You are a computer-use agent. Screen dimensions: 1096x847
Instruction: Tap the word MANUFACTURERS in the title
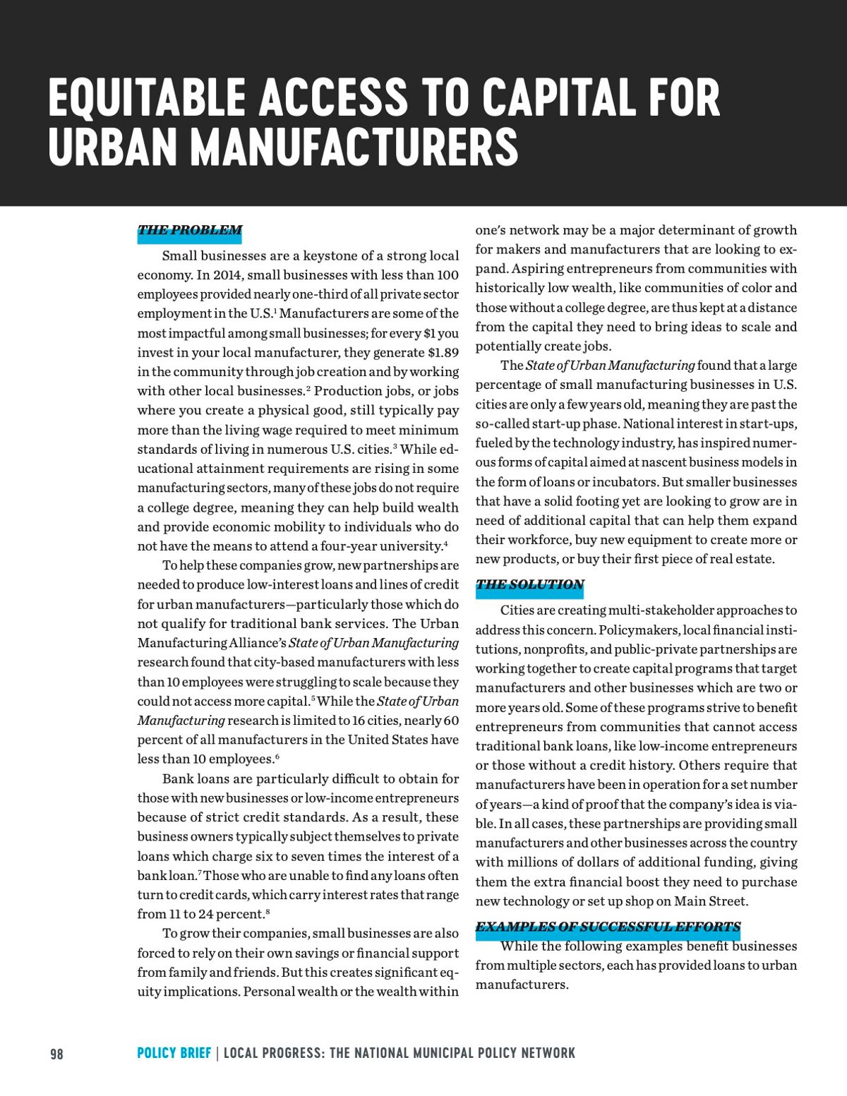354,147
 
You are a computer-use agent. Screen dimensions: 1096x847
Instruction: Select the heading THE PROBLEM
189,230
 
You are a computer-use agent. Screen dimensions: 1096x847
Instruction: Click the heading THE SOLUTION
529,584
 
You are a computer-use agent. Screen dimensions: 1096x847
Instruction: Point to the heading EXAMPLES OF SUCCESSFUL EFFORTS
608,927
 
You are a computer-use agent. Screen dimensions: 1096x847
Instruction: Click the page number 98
56,1054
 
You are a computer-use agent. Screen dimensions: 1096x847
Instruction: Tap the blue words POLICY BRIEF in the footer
174,1053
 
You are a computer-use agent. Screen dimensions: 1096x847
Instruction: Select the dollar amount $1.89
443,352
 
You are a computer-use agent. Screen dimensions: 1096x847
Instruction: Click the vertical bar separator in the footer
217,1053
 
